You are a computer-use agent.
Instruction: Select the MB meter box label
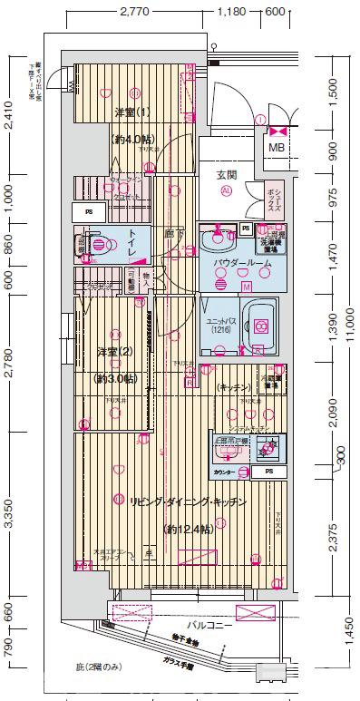[x=275, y=148]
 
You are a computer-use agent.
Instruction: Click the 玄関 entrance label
[x=226, y=174]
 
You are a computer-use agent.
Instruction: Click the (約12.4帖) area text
[x=190, y=529]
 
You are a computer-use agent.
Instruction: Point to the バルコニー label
[x=209, y=626]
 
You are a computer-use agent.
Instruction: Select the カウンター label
[x=224, y=472]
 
